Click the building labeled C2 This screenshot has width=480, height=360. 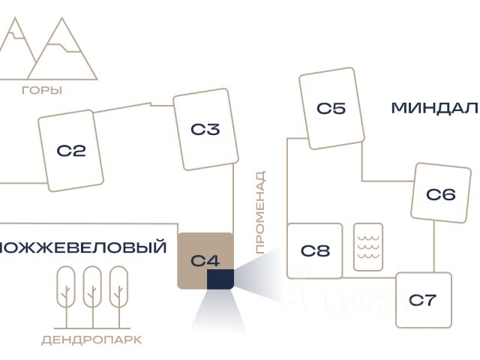pyautogui.click(x=71, y=151)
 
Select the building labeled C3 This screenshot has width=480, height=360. pyautogui.click(x=205, y=129)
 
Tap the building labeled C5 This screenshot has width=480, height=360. pyautogui.click(x=331, y=109)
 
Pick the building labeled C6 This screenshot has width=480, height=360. pyautogui.click(x=440, y=194)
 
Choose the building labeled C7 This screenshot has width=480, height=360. pyautogui.click(x=423, y=300)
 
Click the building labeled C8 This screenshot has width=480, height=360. pyautogui.click(x=315, y=250)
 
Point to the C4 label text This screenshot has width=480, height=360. pyautogui.click(x=204, y=261)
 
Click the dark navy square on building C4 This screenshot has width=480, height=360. pyautogui.click(x=220, y=279)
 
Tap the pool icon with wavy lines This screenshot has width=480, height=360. pyautogui.click(x=368, y=247)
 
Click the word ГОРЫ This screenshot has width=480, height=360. pyautogui.click(x=42, y=90)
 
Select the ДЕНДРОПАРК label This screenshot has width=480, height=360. pyautogui.click(x=91, y=340)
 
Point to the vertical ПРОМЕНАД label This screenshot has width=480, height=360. pyautogui.click(x=260, y=212)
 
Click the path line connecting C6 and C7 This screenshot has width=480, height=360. pyautogui.click(x=434, y=247)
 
